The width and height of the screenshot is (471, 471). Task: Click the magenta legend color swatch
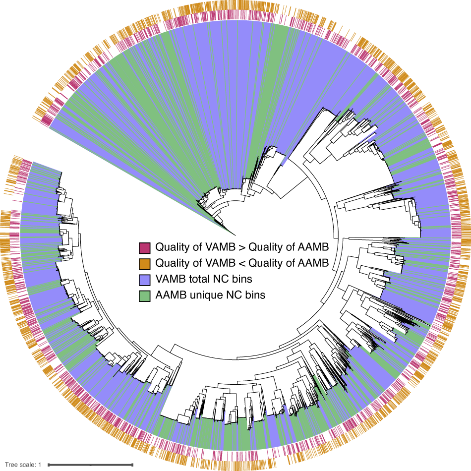[x=144, y=247]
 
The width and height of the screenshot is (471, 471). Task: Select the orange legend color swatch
[x=144, y=263]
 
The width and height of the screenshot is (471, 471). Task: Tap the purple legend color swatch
[x=144, y=279]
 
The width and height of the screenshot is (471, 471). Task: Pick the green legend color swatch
[x=144, y=295]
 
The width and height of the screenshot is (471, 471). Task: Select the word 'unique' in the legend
[x=203, y=295]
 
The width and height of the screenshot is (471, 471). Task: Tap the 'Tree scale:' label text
[x=20, y=465]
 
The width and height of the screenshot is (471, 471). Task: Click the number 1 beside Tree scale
[x=40, y=465]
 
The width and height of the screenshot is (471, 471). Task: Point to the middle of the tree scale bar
[x=91, y=465]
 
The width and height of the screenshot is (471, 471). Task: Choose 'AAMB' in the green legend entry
[x=170, y=295]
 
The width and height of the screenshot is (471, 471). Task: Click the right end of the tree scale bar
[x=133, y=465]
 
